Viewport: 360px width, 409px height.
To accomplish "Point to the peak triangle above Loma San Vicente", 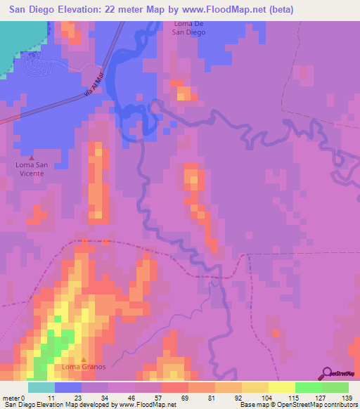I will tap(30, 157).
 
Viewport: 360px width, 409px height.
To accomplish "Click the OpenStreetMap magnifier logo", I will tap(326, 373).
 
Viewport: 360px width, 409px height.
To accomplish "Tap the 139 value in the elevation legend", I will tap(344, 398).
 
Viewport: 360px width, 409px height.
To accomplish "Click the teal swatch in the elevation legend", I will tap(41, 387).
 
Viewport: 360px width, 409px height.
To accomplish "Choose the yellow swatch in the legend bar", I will tap(281, 387).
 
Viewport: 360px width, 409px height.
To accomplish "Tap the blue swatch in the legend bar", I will tap(68, 387).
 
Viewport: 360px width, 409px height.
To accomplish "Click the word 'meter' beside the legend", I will tap(12, 398).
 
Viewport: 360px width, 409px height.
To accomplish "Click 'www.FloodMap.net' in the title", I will tap(215, 9).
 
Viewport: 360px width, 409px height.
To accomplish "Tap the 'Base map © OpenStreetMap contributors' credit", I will tap(296, 405).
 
